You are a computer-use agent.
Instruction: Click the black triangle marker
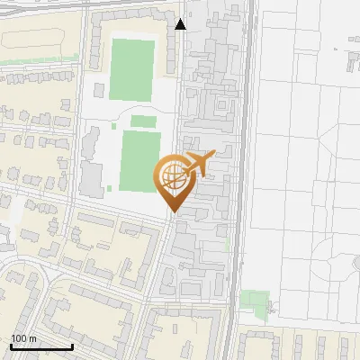[x=181, y=24]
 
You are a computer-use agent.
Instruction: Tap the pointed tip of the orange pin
[x=173, y=212]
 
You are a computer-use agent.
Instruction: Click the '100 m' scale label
[x=23, y=338]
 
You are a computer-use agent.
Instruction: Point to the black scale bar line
[x=41, y=346]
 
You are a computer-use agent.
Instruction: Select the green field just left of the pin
[x=139, y=161]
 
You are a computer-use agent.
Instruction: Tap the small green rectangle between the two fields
[x=142, y=121]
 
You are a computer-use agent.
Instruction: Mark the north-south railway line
[x=239, y=180]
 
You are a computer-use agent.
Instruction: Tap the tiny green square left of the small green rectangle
[x=111, y=188]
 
